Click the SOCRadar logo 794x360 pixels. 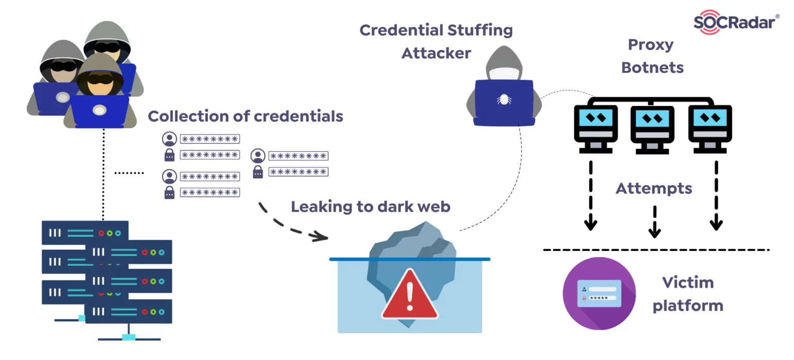click(736, 22)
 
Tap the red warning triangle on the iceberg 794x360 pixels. click(410, 295)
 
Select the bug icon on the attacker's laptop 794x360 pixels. click(503, 99)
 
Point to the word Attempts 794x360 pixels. click(653, 188)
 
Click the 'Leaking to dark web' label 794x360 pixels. click(371, 207)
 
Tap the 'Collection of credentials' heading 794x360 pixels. click(246, 116)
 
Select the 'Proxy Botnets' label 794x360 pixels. click(651, 56)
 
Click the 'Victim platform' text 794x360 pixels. click(688, 294)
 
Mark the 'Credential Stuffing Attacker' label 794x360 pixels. click(436, 41)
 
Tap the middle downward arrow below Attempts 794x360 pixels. click(654, 222)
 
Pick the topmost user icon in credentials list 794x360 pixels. click(169, 139)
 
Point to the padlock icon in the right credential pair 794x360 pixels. click(258, 172)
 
